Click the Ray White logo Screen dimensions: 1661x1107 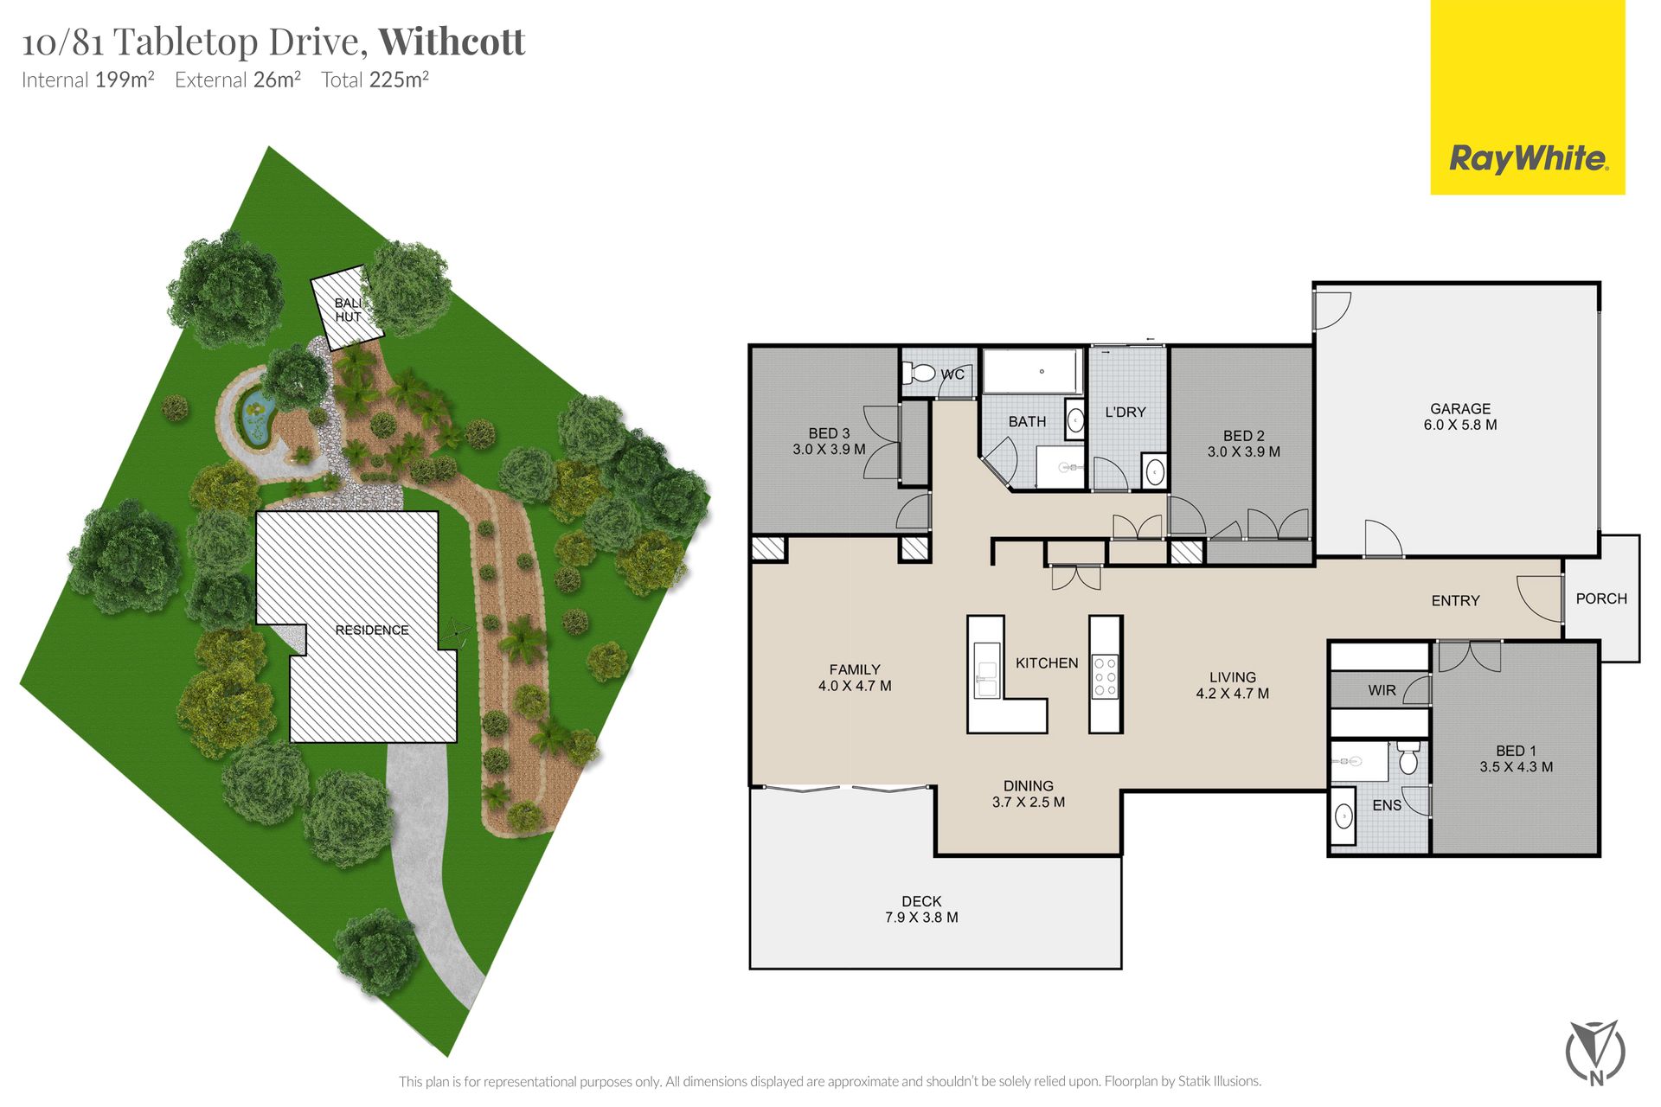(1528, 97)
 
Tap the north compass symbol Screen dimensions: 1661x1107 (1596, 1052)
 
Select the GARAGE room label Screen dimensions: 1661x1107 (1460, 408)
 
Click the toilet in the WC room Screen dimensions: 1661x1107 (919, 374)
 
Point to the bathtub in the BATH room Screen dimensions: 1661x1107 (1032, 371)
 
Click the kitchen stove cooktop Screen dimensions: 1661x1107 (1106, 676)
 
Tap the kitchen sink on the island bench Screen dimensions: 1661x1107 (986, 670)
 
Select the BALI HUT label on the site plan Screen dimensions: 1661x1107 (349, 310)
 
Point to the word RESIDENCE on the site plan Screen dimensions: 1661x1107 (372, 630)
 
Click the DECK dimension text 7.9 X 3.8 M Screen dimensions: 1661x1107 (921, 918)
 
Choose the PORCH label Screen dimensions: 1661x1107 (1601, 598)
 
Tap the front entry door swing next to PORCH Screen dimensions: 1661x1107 (1540, 598)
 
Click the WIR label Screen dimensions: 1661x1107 (1382, 690)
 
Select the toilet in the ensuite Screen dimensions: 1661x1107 (1408, 758)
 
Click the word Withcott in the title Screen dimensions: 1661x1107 (452, 42)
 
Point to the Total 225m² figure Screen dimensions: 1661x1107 (375, 80)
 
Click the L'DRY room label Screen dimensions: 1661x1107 (1126, 412)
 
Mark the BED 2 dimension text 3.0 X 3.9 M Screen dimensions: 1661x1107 (1244, 451)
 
